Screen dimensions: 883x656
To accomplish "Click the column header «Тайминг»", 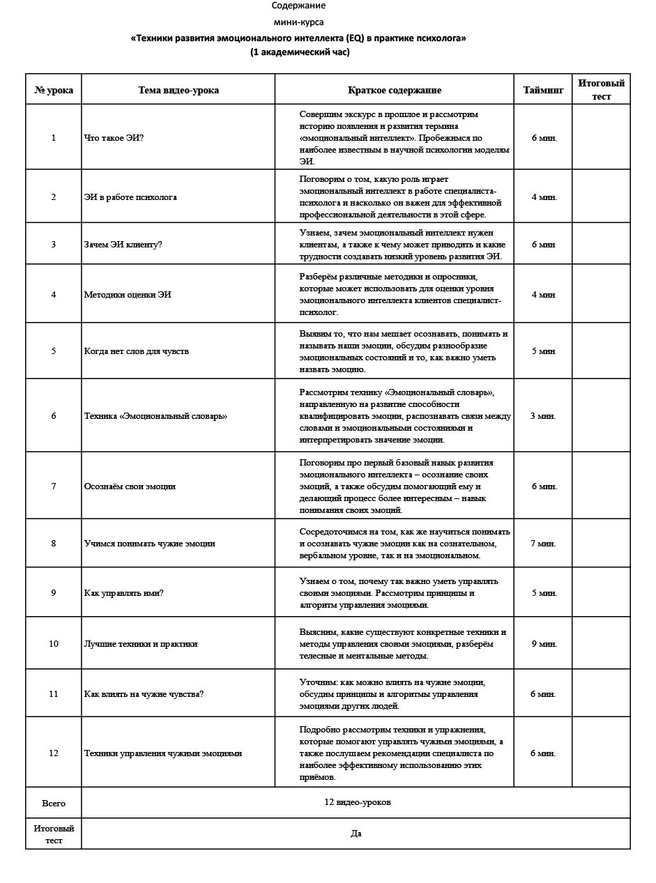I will click(543, 90).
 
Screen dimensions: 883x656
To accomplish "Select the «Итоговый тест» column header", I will click(601, 89).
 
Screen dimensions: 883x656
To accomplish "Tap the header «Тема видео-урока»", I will click(178, 90).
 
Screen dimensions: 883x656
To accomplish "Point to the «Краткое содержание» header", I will click(395, 90).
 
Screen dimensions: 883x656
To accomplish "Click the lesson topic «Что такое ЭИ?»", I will click(114, 137).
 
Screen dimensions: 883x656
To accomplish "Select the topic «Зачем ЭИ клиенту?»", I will click(123, 245).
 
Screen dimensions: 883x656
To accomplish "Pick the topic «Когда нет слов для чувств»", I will click(136, 351).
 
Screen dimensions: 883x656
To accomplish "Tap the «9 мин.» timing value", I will click(544, 643).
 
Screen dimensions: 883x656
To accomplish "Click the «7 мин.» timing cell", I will click(544, 543).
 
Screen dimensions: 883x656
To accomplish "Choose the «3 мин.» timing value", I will click(544, 416).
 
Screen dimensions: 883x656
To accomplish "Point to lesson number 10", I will click(54, 643).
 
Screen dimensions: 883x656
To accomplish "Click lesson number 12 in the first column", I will click(54, 753).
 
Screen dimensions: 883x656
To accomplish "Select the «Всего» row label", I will click(54, 803).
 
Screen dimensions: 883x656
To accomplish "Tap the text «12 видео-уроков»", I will click(357, 801).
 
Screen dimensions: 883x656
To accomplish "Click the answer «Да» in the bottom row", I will click(356, 833).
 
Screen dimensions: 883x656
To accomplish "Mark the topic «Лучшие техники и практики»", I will click(141, 643).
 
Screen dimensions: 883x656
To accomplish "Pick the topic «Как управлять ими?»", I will click(123, 592).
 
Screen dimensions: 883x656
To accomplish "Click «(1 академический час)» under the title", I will click(300, 52).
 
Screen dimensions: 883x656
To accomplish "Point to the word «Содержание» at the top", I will click(298, 6).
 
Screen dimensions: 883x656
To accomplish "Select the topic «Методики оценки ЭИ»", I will click(128, 294).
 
